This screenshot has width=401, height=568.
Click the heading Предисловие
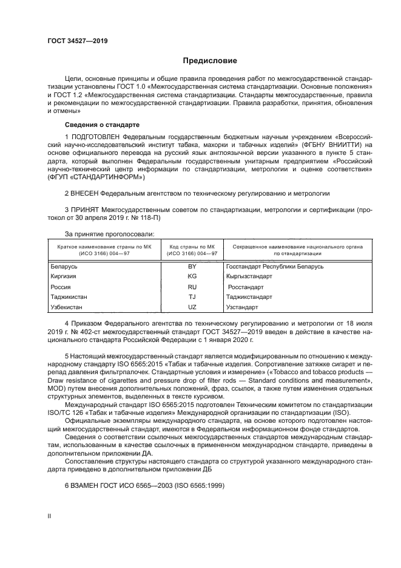tap(210, 61)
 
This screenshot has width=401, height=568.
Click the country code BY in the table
tap(192, 266)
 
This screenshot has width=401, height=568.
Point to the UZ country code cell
tap(192, 307)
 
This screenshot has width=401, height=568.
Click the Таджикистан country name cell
tap(69, 297)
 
